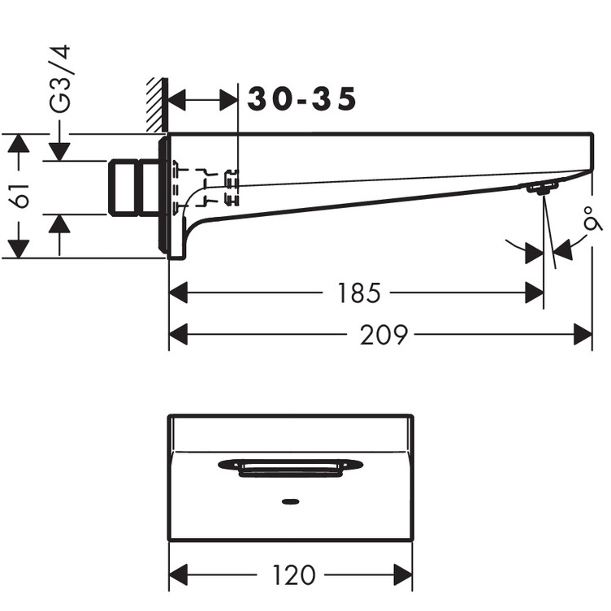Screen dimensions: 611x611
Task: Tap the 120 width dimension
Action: click(x=294, y=575)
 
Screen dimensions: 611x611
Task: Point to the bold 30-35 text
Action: click(x=302, y=100)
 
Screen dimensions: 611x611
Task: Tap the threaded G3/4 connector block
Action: click(x=133, y=188)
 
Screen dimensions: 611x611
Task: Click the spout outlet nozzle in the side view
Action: click(x=540, y=188)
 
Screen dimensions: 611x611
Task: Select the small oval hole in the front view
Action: click(x=290, y=501)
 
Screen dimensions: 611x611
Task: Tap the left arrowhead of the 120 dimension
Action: click(x=178, y=575)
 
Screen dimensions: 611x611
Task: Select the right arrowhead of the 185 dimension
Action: click(x=535, y=292)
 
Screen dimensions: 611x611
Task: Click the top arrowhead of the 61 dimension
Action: click(x=17, y=143)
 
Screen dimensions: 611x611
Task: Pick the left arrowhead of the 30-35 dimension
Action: click(x=177, y=101)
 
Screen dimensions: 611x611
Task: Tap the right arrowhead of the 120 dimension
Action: click(x=404, y=575)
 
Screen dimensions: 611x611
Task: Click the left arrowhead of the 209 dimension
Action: click(x=178, y=334)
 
